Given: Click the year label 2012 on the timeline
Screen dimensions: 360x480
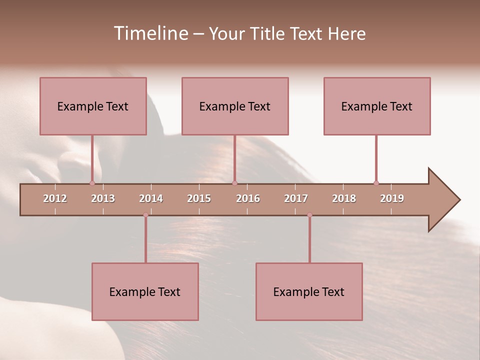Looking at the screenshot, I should coord(55,198).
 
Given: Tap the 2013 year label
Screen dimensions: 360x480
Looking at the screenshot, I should coord(103,198).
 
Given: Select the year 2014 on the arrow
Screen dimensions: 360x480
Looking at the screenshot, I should coord(151,198).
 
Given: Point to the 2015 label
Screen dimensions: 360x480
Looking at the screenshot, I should coord(199,198).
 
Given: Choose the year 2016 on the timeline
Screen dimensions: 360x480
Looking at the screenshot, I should coord(248,198).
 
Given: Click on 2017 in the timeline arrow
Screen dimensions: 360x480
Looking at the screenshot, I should coord(296,198).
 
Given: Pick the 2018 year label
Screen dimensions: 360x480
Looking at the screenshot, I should coord(344,198).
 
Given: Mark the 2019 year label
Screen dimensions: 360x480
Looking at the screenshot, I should coord(392,198).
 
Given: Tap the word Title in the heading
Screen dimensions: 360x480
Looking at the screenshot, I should coord(268,33).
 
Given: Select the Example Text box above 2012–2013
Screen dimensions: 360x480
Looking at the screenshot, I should coord(93,106).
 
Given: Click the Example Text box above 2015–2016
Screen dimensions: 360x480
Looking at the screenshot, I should coord(235,106).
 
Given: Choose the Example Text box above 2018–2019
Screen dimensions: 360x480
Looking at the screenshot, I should coord(377,106).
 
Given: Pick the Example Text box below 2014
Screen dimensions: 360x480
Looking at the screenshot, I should coord(145,291).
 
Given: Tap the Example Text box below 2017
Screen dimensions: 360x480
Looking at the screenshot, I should coord(309,291).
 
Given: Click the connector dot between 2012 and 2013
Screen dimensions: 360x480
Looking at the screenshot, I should coord(92,183).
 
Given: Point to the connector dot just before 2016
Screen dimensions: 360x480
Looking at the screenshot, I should coord(234,183).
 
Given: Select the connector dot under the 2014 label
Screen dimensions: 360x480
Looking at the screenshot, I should coord(145,215).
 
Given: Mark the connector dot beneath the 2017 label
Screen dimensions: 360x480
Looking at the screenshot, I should coord(309,215).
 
